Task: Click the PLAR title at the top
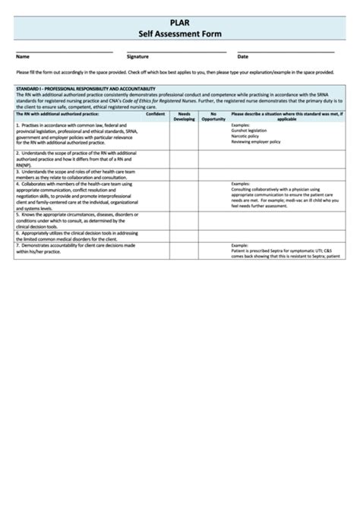click(180, 24)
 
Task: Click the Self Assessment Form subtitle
click(180, 35)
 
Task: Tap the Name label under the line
click(23, 57)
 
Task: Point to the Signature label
click(137, 57)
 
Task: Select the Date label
click(243, 57)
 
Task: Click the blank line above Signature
click(175, 52)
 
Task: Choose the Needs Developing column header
click(185, 116)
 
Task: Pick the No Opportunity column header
click(213, 116)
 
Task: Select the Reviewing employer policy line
click(256, 140)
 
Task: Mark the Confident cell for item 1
click(155, 134)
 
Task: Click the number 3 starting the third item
click(17, 171)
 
